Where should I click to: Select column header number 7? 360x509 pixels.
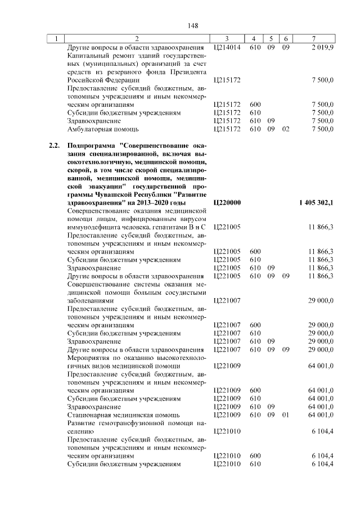pyautogui.click(x=313, y=38)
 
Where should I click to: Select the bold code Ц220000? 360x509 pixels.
pyautogui.click(x=228, y=202)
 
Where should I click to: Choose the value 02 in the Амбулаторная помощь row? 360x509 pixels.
pyautogui.click(x=285, y=129)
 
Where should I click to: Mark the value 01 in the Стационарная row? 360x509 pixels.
pyautogui.click(x=285, y=415)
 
